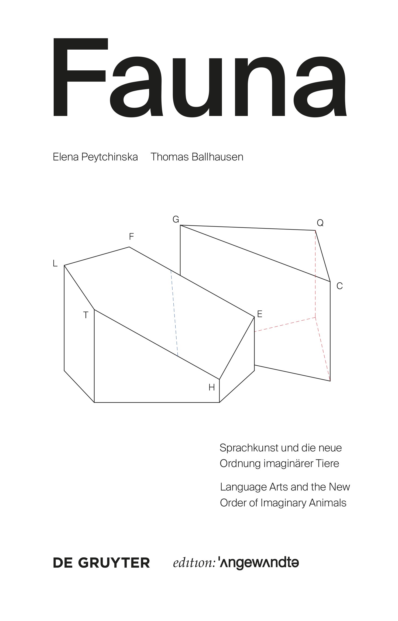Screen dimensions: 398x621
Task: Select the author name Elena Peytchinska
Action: pos(95,157)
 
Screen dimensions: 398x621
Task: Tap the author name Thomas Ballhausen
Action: pos(197,157)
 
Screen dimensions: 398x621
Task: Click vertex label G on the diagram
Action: pos(176,219)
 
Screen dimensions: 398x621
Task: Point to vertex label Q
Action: pos(320,223)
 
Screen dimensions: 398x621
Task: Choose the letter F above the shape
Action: pos(131,236)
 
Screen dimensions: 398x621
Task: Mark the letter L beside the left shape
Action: pos(55,263)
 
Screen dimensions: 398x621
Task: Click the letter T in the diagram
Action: pos(86,315)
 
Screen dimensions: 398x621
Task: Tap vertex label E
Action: pos(260,314)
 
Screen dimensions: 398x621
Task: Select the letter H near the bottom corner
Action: pos(212,387)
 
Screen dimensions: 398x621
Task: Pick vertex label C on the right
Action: pos(339,286)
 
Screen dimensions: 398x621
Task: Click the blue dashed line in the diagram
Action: pos(174,313)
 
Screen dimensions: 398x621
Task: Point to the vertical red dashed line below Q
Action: pos(315,274)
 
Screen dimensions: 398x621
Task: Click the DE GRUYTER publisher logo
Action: pos(101,563)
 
